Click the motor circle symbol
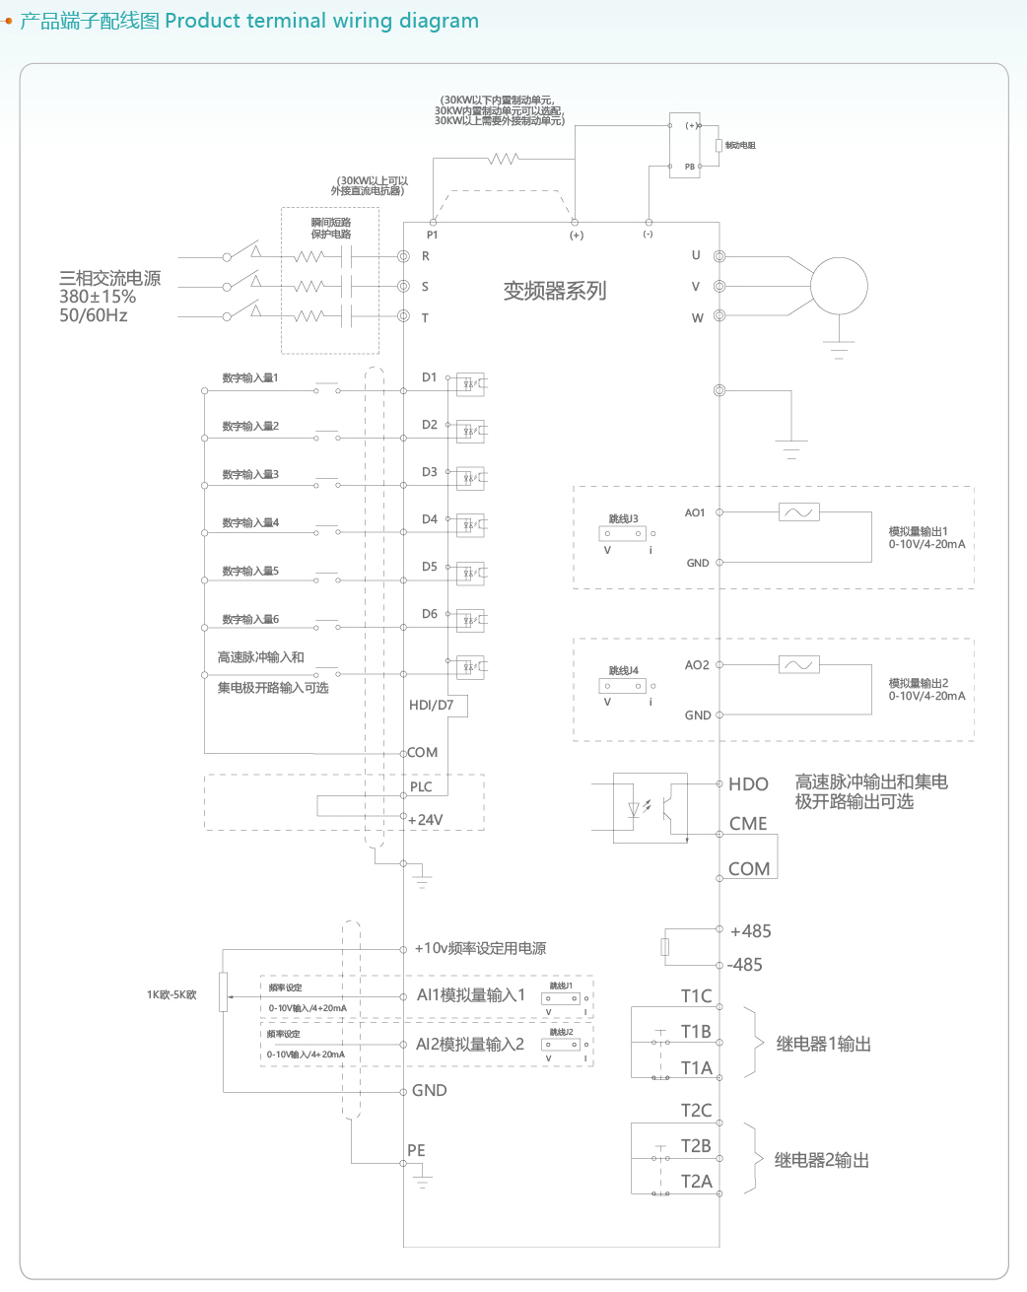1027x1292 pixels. click(839, 286)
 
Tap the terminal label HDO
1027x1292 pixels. click(748, 784)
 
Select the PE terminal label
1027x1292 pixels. click(416, 1150)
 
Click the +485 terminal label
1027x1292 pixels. click(750, 931)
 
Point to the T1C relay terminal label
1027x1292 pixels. click(696, 996)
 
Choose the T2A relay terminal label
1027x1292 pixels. click(696, 1181)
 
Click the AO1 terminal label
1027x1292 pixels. click(695, 512)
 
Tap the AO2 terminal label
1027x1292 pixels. click(697, 665)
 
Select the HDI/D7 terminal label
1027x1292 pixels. click(431, 705)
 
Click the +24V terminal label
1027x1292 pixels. click(426, 820)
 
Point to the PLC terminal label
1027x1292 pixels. click(421, 786)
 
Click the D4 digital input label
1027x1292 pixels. click(430, 519)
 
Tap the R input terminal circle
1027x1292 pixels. click(403, 256)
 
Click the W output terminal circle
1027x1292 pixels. click(719, 316)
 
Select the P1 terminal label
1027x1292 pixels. click(432, 235)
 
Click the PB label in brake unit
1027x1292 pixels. click(690, 167)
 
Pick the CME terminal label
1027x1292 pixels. click(748, 824)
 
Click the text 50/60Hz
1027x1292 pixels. click(94, 315)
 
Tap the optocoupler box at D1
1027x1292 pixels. click(470, 383)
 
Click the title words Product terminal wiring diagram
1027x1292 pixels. click(321, 21)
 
